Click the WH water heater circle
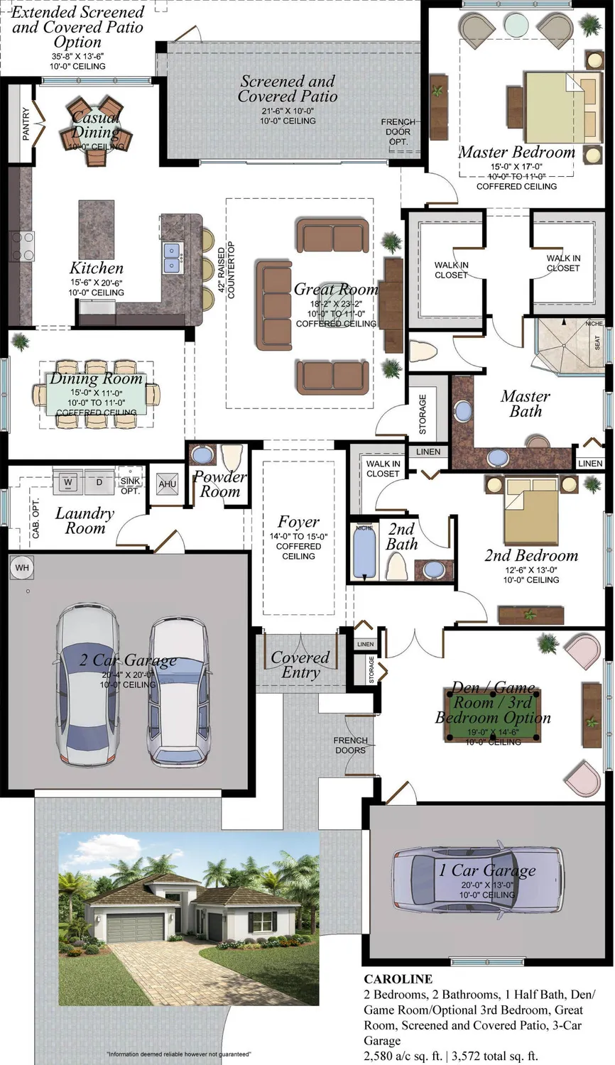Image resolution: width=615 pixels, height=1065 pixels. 22,567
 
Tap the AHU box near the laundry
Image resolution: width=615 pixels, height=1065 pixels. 167,485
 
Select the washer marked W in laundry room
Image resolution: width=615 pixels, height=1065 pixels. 69,483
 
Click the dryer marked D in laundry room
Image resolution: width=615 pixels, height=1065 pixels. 99,483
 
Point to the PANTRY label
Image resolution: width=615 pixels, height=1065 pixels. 26,124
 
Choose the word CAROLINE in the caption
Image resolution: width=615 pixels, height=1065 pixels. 398,979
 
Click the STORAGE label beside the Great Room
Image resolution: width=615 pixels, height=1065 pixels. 423,414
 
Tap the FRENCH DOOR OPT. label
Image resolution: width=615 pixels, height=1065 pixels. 398,131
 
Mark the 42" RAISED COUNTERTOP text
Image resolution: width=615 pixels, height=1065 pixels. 226,268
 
